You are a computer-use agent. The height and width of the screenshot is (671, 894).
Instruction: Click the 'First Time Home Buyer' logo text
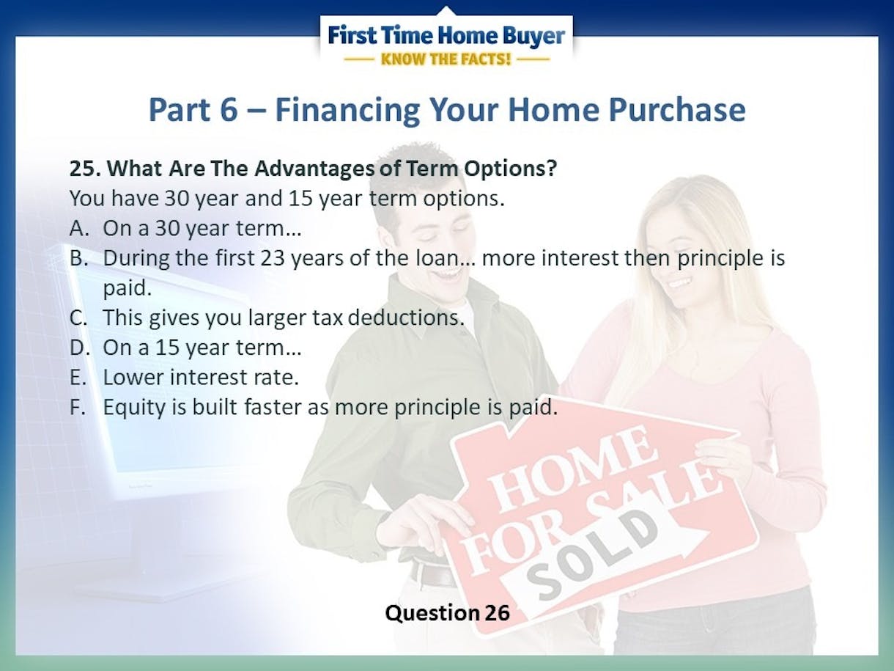[x=446, y=36]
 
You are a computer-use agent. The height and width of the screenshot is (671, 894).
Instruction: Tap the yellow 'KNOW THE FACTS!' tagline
[x=446, y=59]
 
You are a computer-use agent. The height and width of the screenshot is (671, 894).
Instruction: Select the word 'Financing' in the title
[x=347, y=111]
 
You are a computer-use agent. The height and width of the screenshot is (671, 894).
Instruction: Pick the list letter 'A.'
[x=79, y=228]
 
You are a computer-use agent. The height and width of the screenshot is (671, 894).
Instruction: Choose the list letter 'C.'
[x=78, y=318]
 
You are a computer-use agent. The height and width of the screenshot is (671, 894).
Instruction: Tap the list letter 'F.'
[x=78, y=407]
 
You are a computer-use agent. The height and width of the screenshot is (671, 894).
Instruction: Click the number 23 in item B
[x=273, y=258]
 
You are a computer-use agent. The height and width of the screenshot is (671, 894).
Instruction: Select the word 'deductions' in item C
[x=406, y=318]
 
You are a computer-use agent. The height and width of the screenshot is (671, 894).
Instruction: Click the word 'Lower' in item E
[x=133, y=377]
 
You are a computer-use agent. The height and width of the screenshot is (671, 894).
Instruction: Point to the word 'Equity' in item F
[x=134, y=408]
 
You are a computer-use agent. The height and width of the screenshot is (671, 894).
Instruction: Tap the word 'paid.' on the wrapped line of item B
[x=127, y=288]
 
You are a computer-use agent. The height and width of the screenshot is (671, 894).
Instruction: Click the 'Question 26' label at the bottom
[x=447, y=613]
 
